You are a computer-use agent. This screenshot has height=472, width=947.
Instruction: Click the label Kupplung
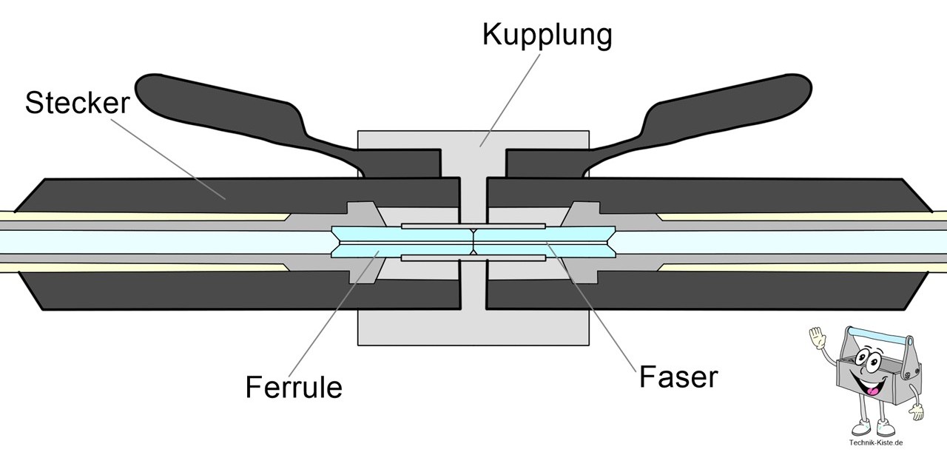click(x=547, y=34)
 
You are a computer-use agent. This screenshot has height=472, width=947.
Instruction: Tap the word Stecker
click(x=77, y=103)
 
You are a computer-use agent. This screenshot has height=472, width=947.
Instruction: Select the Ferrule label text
click(x=294, y=386)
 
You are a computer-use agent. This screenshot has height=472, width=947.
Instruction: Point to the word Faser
click(x=678, y=377)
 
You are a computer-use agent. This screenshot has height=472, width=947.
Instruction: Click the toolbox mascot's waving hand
click(x=818, y=341)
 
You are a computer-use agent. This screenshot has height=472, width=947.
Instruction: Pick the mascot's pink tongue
click(x=873, y=389)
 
